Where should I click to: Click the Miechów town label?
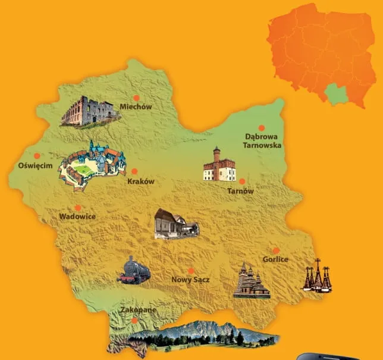coord(136,107)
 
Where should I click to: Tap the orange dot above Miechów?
coord(136,97)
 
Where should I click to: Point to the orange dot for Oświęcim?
coord(36,156)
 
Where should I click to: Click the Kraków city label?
coord(141,181)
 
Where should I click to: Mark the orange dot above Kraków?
coord(134,171)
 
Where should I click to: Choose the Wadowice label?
coord(77,217)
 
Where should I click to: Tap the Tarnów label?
coord(241,191)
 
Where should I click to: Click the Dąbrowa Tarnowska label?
coord(261,140)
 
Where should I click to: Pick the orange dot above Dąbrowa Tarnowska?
coord(261,127)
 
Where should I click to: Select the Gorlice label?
coord(275,259)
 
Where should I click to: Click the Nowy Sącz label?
coord(190,279)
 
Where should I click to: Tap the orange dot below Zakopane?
coord(135,320)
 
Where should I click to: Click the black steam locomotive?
coord(134,270)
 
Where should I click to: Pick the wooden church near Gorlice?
coord(252,280)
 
